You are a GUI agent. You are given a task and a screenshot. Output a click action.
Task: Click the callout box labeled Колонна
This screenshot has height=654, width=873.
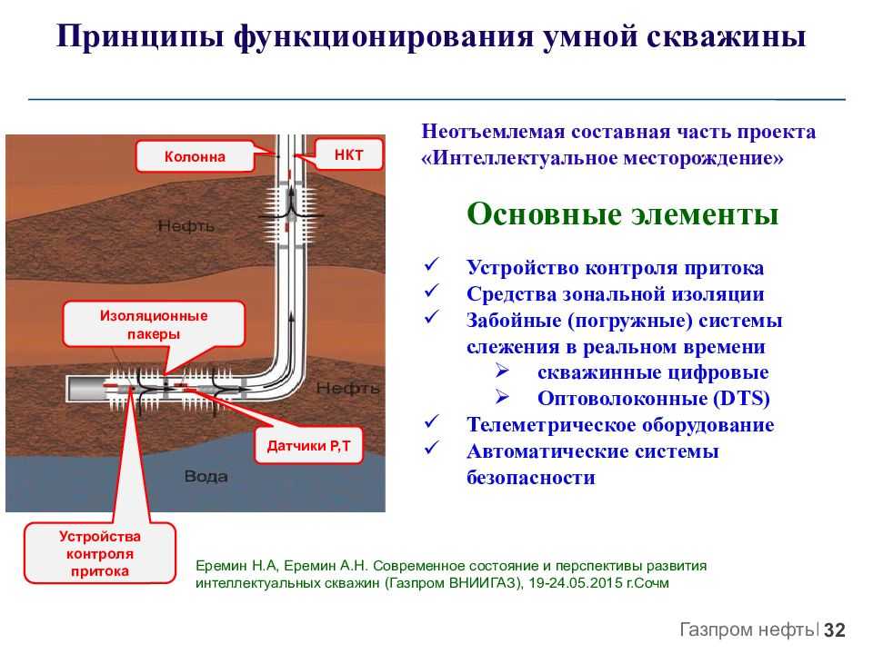click(x=195, y=156)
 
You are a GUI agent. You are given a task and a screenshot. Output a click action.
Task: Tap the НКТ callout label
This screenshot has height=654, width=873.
click(x=349, y=154)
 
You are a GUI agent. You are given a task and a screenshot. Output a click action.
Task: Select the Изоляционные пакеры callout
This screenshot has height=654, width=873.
click(x=154, y=325)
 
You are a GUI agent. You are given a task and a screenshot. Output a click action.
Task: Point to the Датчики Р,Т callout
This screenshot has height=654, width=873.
click(x=308, y=445)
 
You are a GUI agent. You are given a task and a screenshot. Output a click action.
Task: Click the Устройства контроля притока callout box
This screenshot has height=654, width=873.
click(x=100, y=553)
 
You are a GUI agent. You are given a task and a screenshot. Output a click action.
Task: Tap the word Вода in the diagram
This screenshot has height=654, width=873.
click(x=206, y=477)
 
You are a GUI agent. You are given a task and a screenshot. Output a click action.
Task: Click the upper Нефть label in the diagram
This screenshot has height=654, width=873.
click(x=186, y=226)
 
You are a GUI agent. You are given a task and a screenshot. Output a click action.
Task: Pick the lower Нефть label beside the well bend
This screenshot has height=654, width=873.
click(x=347, y=388)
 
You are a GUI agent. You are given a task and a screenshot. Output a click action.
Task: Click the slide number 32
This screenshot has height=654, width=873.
click(x=835, y=630)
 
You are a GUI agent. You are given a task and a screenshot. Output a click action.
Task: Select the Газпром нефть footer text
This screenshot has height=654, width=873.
click(x=748, y=629)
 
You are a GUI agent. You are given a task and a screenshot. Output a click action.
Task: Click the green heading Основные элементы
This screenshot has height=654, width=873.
click(x=622, y=214)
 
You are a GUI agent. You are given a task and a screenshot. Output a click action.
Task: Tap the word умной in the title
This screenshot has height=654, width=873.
click(x=590, y=36)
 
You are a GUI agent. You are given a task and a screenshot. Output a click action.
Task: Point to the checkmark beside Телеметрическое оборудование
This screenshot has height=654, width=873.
click(x=432, y=421)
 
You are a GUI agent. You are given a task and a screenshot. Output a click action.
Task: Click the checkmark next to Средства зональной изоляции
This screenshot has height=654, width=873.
click(x=432, y=291)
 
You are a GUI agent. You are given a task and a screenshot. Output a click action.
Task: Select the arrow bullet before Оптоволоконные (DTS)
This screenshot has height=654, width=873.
click(x=502, y=397)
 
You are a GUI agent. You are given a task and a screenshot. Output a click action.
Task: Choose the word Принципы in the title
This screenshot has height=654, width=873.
click(x=140, y=36)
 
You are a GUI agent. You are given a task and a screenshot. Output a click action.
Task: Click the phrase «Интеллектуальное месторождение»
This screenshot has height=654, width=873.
click(x=602, y=158)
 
